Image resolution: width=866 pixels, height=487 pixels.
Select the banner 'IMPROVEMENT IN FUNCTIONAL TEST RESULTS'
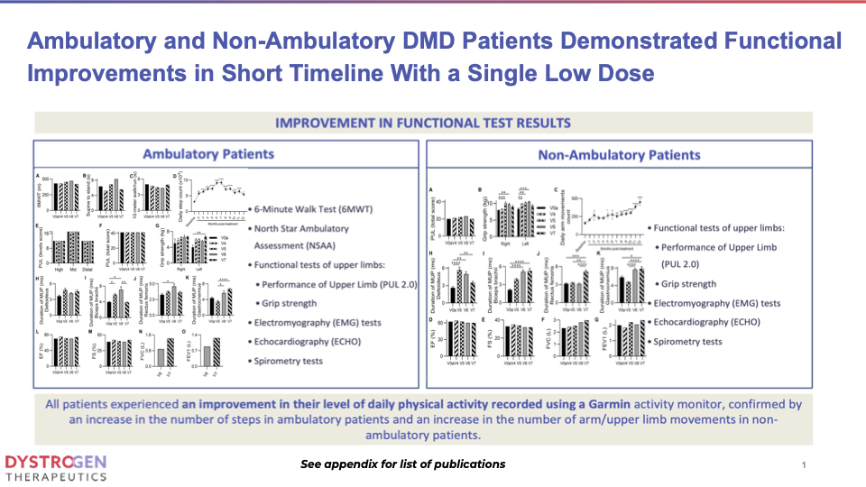coord(423,123)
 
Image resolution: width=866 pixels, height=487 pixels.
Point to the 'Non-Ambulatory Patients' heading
coord(618,155)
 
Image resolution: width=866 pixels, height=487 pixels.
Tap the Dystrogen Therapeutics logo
coord(56,465)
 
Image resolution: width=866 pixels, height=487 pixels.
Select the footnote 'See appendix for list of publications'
coord(403,464)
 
